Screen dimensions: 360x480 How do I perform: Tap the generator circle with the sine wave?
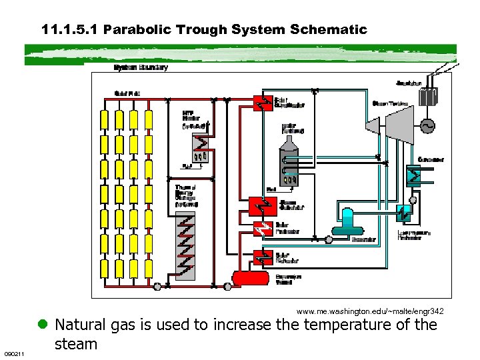[424, 125]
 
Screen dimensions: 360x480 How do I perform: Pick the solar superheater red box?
[262, 103]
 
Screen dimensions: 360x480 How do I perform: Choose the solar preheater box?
[262, 230]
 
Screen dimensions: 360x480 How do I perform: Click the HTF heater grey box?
[199, 147]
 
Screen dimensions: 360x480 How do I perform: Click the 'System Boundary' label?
[141, 67]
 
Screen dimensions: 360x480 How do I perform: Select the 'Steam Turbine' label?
[389, 103]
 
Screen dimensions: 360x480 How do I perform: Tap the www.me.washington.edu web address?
[370, 311]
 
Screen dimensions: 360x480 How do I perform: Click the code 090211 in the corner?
[14, 353]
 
